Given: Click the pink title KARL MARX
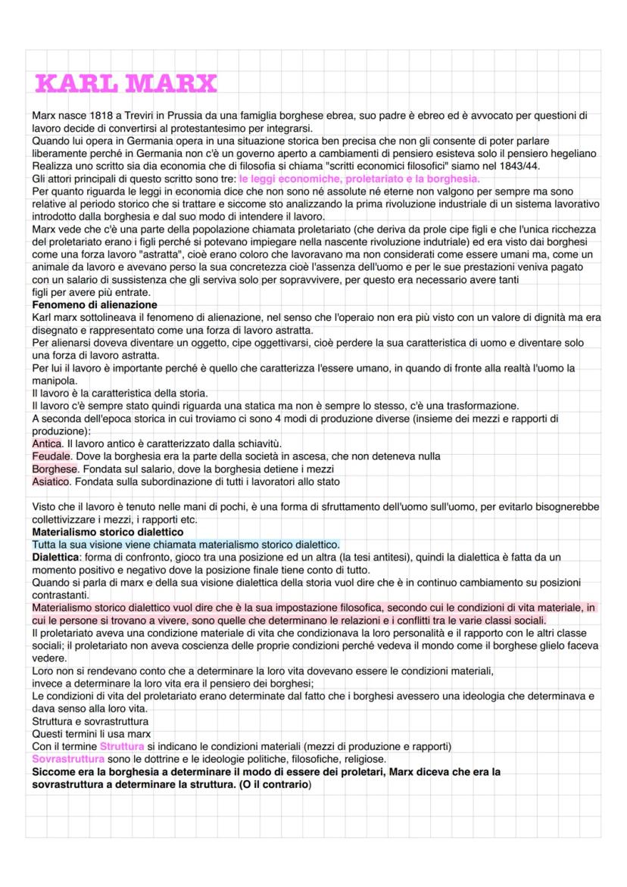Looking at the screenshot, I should [126, 83].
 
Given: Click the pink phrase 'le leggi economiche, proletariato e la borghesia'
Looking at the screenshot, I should [359, 179].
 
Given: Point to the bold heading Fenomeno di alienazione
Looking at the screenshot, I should [95, 305].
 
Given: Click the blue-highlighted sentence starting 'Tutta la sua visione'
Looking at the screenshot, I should [186, 544].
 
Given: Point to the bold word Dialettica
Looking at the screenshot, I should [57, 557].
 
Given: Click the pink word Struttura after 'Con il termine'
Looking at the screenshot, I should [121, 746].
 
